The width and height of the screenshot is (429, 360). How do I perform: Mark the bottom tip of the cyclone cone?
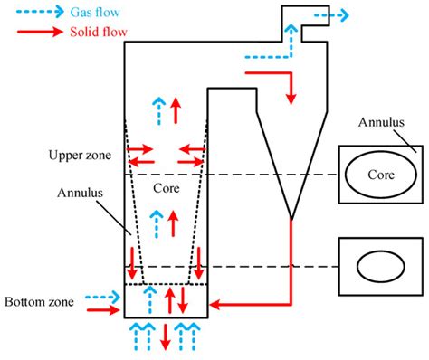pos(291,218)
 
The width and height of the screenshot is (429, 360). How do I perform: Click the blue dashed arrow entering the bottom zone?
pos(100,296)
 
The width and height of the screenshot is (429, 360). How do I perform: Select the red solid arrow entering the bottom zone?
pos(100,311)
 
